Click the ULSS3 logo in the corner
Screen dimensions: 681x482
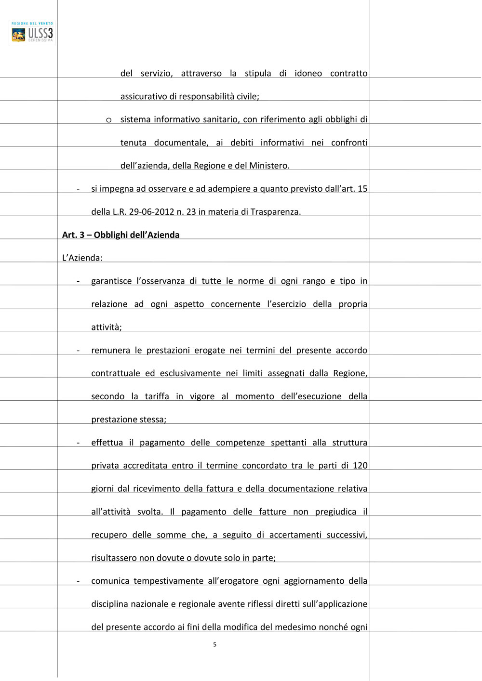click(32, 33)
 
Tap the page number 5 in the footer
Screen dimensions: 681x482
click(214, 644)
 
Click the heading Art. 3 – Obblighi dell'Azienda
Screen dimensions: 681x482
click(120, 235)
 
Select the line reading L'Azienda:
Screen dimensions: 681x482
click(82, 258)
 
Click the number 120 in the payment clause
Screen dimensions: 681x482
click(360, 466)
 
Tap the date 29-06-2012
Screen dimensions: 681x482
click(151, 212)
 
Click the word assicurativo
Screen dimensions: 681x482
click(144, 96)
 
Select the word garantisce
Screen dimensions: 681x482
click(111, 281)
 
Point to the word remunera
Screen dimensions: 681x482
click(110, 351)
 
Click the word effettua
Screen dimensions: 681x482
click(107, 443)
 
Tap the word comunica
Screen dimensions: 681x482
click(110, 581)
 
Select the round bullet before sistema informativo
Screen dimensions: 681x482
click(109, 120)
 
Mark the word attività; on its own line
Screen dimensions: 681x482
click(107, 327)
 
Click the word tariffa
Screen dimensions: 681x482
click(157, 396)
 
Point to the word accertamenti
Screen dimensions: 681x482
click(295, 535)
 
